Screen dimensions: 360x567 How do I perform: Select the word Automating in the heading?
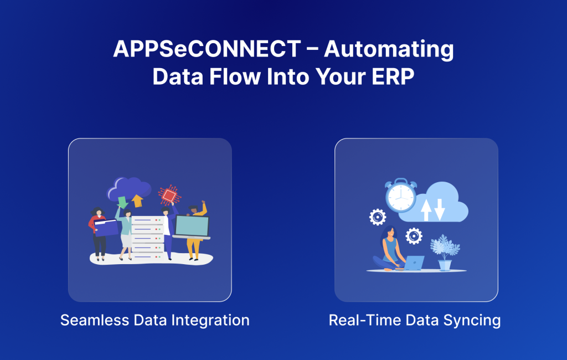tap(389, 50)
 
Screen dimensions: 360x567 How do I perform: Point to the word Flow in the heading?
tap(234, 77)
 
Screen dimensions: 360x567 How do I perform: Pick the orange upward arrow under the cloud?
tap(137, 200)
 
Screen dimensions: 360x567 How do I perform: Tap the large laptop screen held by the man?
tap(192, 226)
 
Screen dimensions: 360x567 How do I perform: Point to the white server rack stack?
tap(148, 235)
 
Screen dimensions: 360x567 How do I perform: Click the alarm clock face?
tap(401, 197)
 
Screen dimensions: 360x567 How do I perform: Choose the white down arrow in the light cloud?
tap(440, 209)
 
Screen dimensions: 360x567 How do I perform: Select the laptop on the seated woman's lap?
tap(414, 263)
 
